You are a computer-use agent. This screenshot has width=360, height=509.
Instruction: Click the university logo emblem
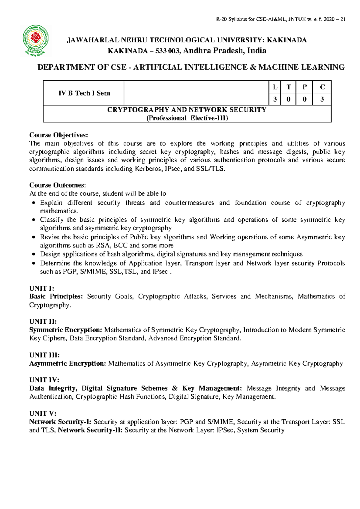(36, 41)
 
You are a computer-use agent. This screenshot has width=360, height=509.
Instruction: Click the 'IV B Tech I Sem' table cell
(84, 93)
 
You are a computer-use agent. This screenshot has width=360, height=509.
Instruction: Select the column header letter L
(275, 87)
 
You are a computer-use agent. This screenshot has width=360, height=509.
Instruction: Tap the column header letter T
(289, 87)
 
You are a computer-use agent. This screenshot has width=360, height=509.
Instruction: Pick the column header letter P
(304, 87)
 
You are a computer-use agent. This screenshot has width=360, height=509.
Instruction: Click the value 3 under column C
(322, 99)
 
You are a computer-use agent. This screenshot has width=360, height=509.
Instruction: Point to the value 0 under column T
(289, 99)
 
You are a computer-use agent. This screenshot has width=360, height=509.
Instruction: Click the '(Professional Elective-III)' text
(187, 118)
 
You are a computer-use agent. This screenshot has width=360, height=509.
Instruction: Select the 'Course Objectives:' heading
(58, 135)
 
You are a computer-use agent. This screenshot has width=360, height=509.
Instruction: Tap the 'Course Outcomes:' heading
(57, 185)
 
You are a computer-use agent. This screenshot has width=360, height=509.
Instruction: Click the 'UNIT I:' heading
(41, 288)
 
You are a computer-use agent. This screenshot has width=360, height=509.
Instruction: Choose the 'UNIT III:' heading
(44, 355)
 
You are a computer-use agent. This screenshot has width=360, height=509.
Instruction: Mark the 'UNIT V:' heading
(43, 413)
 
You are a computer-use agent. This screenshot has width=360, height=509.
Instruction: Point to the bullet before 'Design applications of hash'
(34, 254)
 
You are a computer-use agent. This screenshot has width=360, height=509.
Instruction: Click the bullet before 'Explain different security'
(34, 203)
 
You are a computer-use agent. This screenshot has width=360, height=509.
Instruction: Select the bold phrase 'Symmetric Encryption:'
(66, 330)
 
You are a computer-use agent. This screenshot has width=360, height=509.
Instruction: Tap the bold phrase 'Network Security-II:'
(90, 430)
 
